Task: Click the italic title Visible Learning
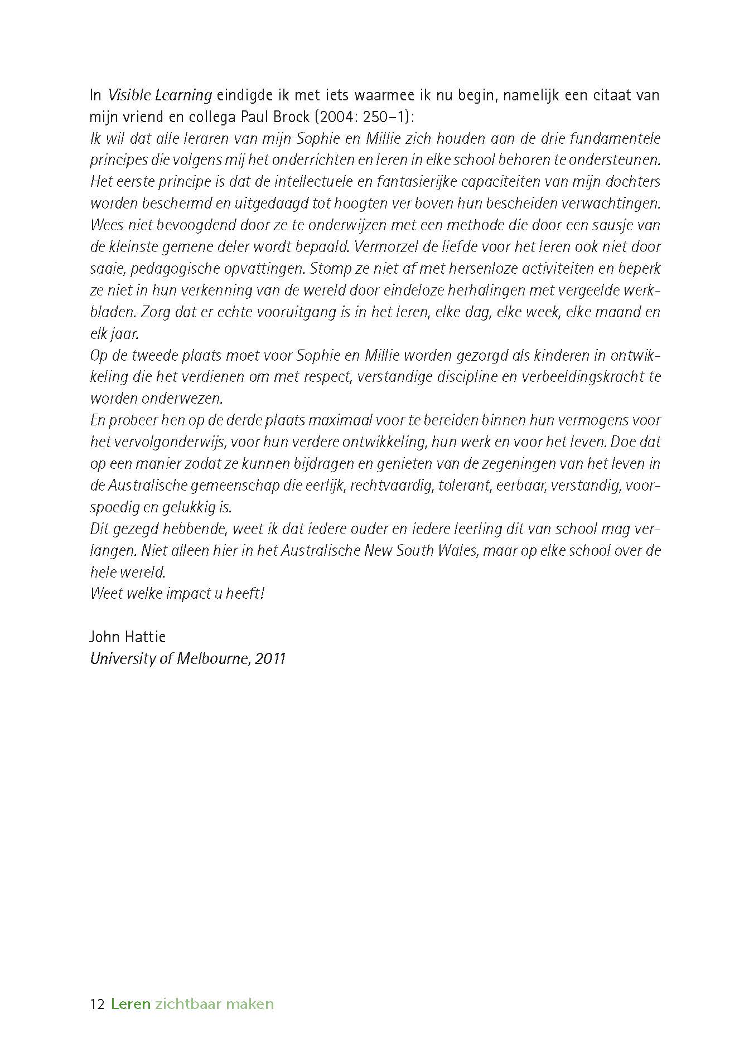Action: [x=160, y=95]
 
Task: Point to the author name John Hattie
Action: [x=128, y=637]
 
